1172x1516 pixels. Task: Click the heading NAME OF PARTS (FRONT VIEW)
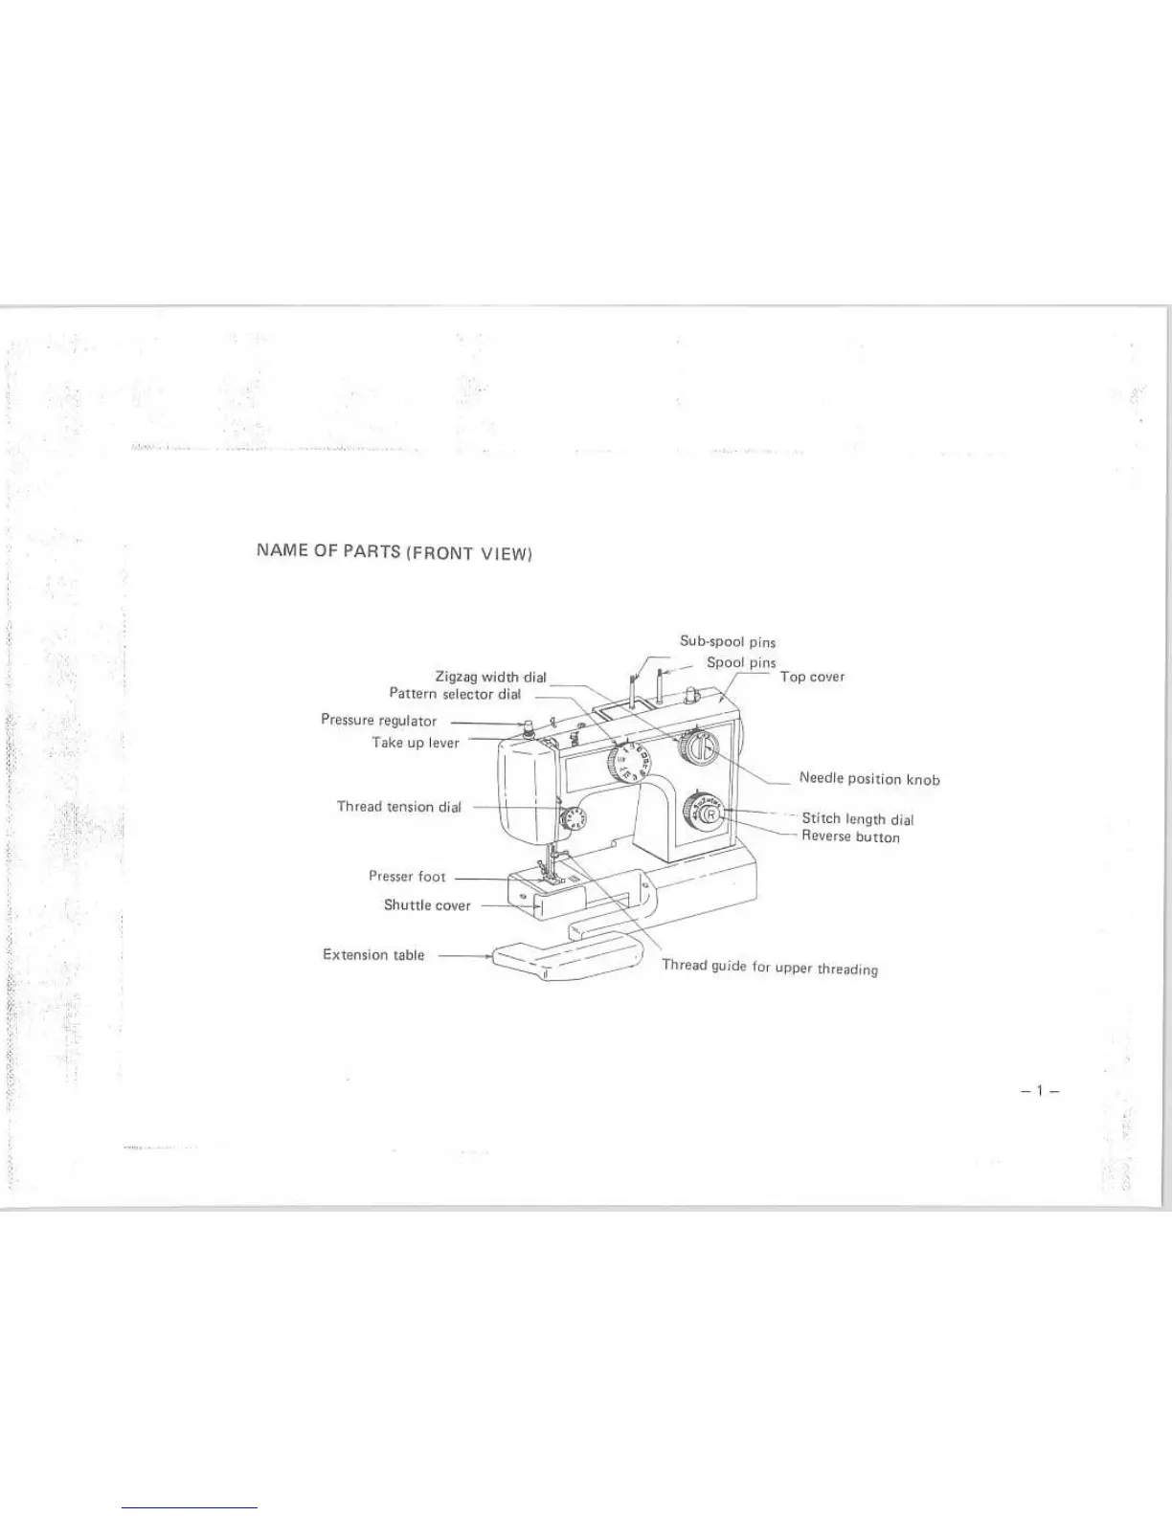(x=394, y=551)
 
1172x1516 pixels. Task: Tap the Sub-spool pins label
(x=728, y=641)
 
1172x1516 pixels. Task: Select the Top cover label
(x=812, y=677)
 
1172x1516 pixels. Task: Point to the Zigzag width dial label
(x=490, y=678)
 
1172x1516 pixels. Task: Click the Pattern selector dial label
(x=455, y=694)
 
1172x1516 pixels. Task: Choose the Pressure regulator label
(x=378, y=721)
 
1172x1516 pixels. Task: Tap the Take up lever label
(x=416, y=743)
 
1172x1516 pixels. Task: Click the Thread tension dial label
(x=398, y=807)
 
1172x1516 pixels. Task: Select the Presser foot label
(x=407, y=877)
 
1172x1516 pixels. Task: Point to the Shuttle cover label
(x=427, y=905)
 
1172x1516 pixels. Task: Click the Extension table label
(x=373, y=955)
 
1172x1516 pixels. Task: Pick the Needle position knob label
(x=869, y=779)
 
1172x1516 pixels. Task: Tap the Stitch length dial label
(x=857, y=819)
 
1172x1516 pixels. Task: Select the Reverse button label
(x=850, y=837)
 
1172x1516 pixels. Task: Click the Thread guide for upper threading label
(x=770, y=968)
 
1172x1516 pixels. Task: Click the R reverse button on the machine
(x=710, y=814)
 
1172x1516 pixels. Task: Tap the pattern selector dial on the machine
(x=629, y=764)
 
